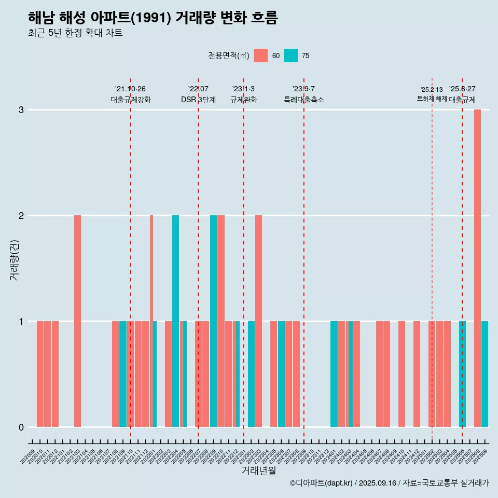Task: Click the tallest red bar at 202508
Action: pos(477,268)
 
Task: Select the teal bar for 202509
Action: pos(485,374)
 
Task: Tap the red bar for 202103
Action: pos(77,321)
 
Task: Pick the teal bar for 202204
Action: pos(175,321)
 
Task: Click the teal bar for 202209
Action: pos(213,321)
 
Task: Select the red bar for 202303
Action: pos(258,321)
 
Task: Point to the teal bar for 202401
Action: pos(334,374)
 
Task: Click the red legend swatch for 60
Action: pos(261,56)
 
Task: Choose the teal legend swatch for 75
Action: pos(291,56)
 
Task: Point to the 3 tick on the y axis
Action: pos(21,110)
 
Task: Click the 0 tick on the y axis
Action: pos(21,427)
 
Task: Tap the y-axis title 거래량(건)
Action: pos(15,259)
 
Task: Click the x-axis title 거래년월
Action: pos(258,471)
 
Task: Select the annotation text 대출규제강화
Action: pos(131,100)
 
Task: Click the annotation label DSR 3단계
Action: pos(198,100)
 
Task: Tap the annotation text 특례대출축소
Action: pos(304,100)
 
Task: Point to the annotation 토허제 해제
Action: pos(432,99)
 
